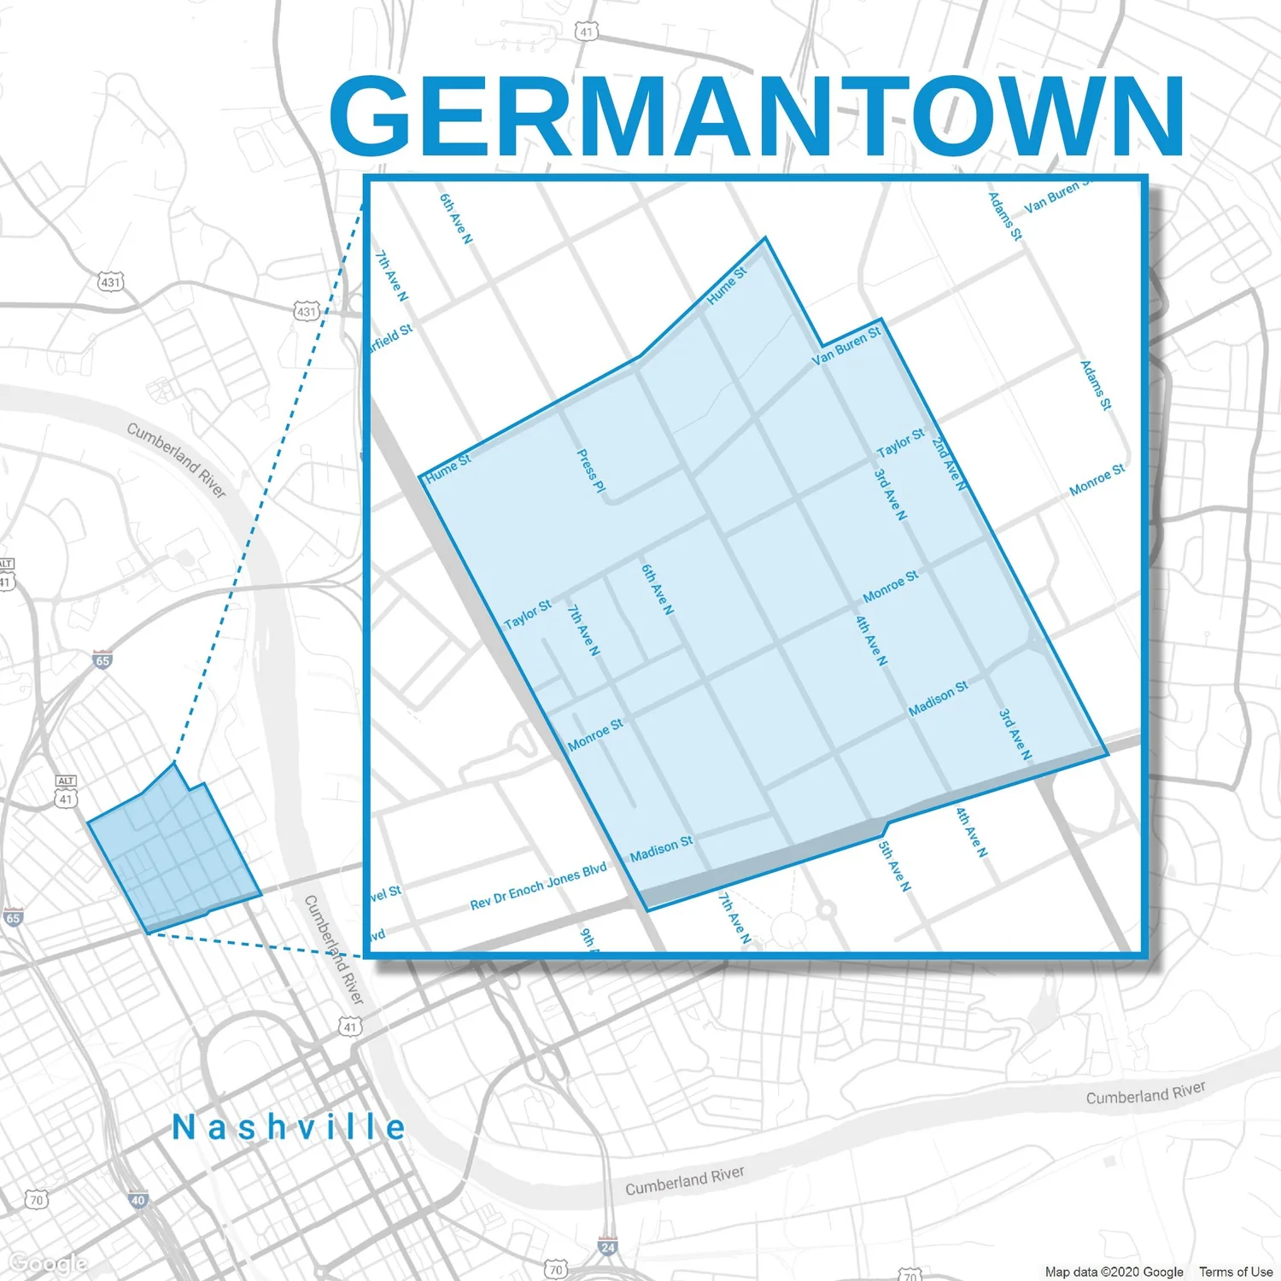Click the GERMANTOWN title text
(x=757, y=115)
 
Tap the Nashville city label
(x=289, y=1127)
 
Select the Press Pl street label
(x=591, y=471)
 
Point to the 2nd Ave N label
(x=950, y=464)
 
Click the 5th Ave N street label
(x=894, y=866)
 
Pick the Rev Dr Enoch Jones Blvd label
(x=538, y=886)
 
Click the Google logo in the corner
(x=48, y=1262)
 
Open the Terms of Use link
(x=1235, y=1272)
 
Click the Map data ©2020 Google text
(x=1114, y=1272)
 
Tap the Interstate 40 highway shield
(x=137, y=1200)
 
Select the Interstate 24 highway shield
(x=607, y=1247)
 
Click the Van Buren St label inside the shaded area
(x=845, y=346)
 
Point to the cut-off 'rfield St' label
(x=391, y=337)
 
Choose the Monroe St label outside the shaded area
(x=1097, y=480)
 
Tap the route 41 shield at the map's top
(x=586, y=32)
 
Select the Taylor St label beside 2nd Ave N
(x=900, y=442)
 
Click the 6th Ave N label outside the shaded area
(x=455, y=219)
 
